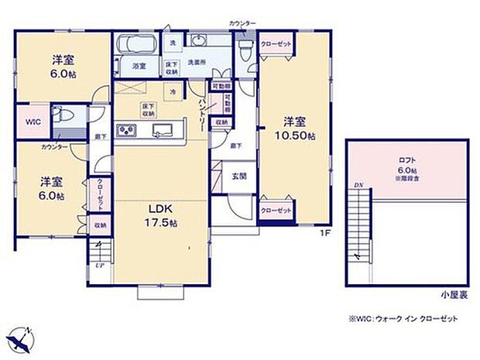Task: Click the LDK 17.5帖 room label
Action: coord(159,214)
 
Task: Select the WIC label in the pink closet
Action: coord(31,121)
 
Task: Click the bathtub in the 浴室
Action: coord(136,45)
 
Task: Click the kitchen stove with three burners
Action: coord(126,131)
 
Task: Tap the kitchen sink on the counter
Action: coord(163,130)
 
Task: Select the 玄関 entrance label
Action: coord(239,175)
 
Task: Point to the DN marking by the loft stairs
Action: coord(358,185)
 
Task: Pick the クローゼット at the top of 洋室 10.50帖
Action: coord(276,44)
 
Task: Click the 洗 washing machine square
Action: coord(173,42)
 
